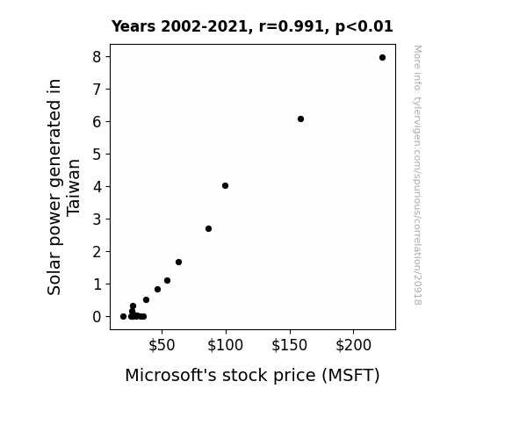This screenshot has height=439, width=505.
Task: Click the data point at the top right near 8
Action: pyautogui.click(x=382, y=58)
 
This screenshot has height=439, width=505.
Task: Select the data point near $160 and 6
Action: pyautogui.click(x=301, y=119)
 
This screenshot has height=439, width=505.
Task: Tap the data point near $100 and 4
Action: pyautogui.click(x=225, y=185)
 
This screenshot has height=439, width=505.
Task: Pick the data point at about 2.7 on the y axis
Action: pyautogui.click(x=208, y=228)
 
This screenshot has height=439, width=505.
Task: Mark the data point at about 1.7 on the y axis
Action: pyautogui.click(x=179, y=263)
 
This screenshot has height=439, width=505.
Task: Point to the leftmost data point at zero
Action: pyautogui.click(x=123, y=317)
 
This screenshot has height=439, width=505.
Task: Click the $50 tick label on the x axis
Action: pyautogui.click(x=162, y=345)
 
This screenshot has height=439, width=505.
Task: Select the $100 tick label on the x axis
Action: pyautogui.click(x=225, y=345)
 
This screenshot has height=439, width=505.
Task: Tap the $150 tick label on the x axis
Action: pyautogui.click(x=289, y=345)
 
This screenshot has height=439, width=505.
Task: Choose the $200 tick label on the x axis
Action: pyautogui.click(x=353, y=345)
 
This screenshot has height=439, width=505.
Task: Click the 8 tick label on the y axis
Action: pyautogui.click(x=97, y=57)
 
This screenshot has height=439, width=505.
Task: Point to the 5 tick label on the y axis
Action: pyautogui.click(x=97, y=155)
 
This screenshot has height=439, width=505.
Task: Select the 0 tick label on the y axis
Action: pyautogui.click(x=97, y=317)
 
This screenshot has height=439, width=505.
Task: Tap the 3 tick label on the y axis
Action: pyautogui.click(x=97, y=219)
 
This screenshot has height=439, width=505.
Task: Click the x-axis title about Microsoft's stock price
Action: pyautogui.click(x=253, y=376)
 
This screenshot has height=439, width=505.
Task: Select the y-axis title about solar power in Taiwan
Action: pyautogui.click(x=63, y=187)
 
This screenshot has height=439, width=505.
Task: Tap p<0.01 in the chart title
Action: pyautogui.click(x=364, y=26)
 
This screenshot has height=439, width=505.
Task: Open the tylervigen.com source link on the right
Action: pyautogui.click(x=417, y=175)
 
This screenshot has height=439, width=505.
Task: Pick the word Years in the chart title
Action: pyautogui.click(x=133, y=26)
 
